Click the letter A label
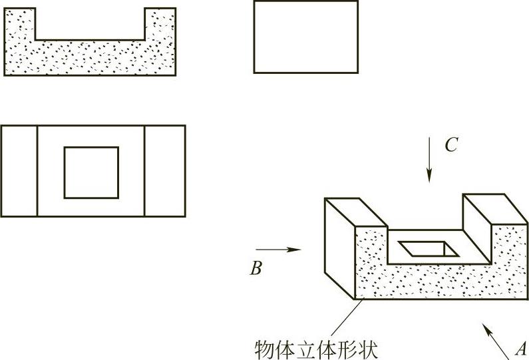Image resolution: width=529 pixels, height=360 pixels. [520, 348]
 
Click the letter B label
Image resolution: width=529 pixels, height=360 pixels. [256, 268]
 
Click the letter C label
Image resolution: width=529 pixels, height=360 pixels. [451, 146]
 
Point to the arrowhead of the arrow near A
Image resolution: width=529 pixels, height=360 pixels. [486, 327]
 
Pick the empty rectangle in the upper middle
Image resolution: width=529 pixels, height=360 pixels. [305, 37]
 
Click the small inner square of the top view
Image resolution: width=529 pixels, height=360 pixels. [91, 172]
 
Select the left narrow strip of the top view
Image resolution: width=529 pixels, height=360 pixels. [19, 171]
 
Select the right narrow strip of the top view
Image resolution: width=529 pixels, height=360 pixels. [164, 171]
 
